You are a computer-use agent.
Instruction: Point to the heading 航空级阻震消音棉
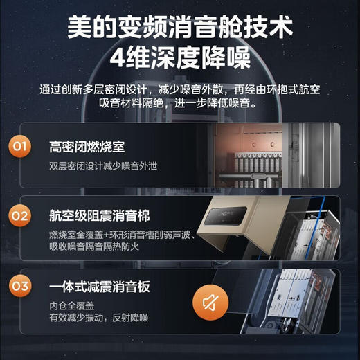[x=101, y=215]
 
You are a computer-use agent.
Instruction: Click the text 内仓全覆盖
[x=70, y=305]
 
